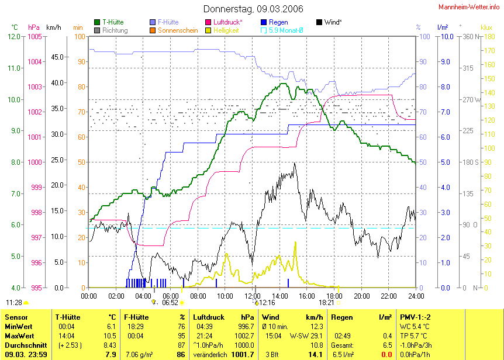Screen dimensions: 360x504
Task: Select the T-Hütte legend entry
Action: (113, 22)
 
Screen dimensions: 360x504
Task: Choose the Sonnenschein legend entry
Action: (178, 30)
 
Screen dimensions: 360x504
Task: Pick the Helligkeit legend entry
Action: (226, 30)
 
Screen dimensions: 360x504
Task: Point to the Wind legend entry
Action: (334, 22)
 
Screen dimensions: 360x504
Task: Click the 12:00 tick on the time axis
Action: (253, 296)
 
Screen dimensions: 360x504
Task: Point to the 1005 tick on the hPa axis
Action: (34, 36)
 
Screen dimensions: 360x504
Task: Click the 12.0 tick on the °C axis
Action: (15, 36)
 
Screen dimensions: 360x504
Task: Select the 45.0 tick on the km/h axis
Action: (57, 57)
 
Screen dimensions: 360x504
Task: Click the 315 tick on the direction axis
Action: (467, 68)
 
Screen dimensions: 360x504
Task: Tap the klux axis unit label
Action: (486, 27)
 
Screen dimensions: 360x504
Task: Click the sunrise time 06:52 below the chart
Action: (170, 303)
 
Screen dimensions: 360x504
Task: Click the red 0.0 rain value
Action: (386, 354)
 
